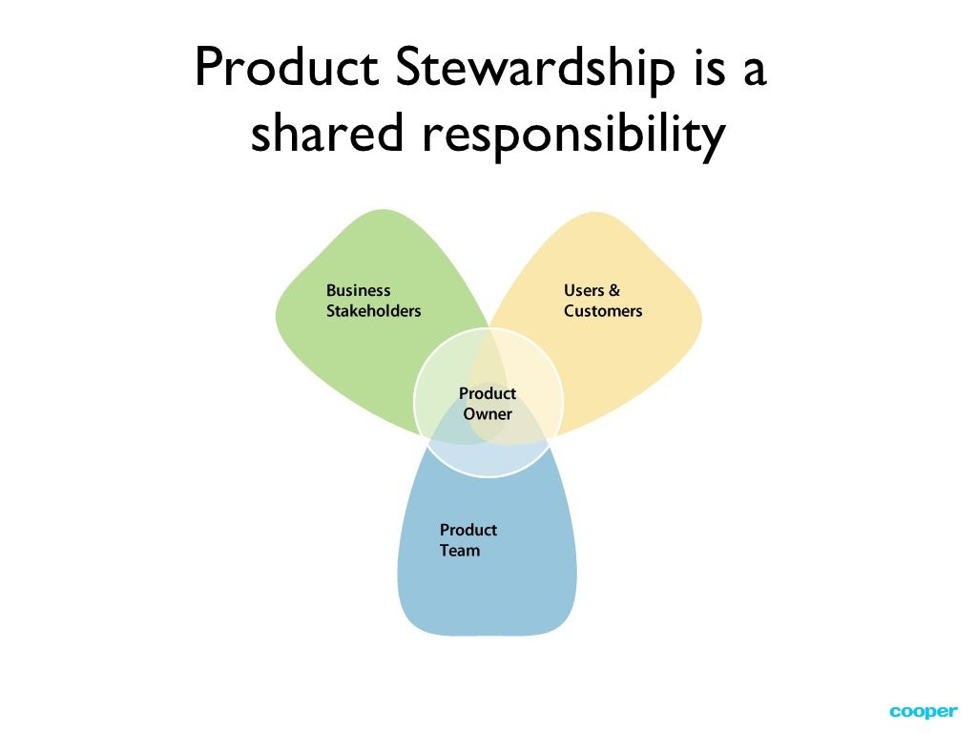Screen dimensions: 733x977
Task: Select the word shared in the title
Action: [x=320, y=136]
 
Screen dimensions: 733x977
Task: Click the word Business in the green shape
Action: [x=359, y=290]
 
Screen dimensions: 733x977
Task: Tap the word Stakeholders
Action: [x=373, y=311]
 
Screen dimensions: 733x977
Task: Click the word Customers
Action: [x=603, y=311]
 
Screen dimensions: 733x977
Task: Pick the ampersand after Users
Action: [x=613, y=290]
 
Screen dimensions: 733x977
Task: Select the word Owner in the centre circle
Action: [x=488, y=414]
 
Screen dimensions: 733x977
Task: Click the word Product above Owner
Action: [x=488, y=393]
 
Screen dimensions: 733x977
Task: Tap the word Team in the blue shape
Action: [x=460, y=551]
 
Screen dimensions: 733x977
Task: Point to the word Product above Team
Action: [x=468, y=530]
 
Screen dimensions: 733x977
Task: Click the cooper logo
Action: [x=923, y=712]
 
